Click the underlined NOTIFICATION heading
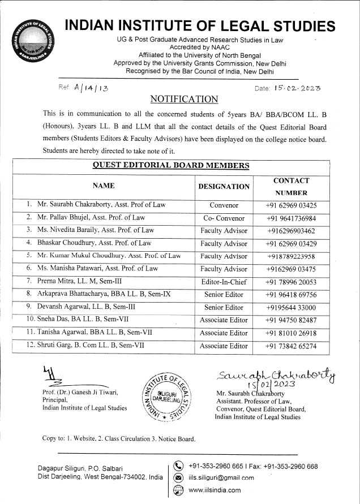pyautogui.click(x=184, y=100)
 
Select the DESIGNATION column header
pyautogui.click(x=224, y=186)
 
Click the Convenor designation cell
pyautogui.click(x=224, y=205)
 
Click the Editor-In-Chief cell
pyautogui.click(x=224, y=282)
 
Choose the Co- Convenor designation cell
pyautogui.click(x=224, y=218)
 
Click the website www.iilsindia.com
pyautogui.click(x=215, y=490)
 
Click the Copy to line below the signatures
pyautogui.click(x=119, y=438)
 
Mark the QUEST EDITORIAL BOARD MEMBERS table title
pyautogui.click(x=170, y=166)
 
